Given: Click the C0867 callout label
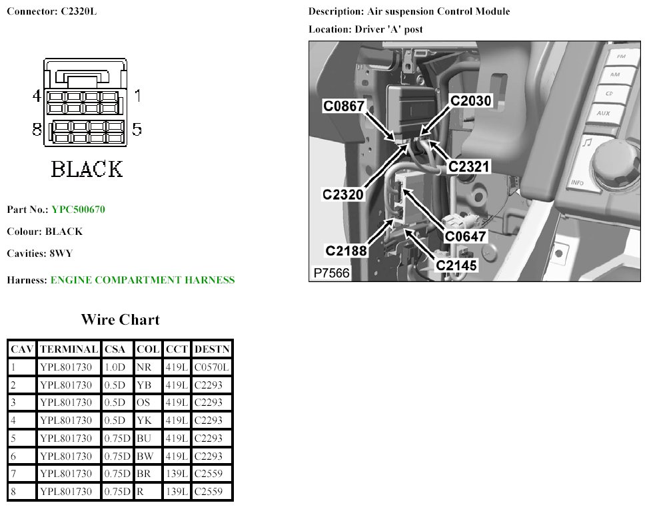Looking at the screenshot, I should [344, 106].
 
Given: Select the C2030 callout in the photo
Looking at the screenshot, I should [470, 100].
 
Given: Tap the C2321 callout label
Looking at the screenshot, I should [469, 166].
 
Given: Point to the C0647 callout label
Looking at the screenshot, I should [466, 235].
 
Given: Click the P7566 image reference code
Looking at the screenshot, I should [331, 273].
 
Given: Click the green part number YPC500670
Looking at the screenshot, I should [78, 210].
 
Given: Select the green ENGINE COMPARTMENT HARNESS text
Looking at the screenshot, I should [143, 280].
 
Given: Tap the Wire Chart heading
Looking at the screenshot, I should [120, 319].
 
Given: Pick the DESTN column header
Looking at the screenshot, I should [213, 349].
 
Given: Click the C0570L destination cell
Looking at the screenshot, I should [213, 367].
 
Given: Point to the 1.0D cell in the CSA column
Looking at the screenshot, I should [117, 367].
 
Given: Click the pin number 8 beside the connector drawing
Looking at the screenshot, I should [37, 129].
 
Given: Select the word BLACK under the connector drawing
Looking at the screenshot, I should [87, 168].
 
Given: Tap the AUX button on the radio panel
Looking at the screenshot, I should [603, 113].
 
